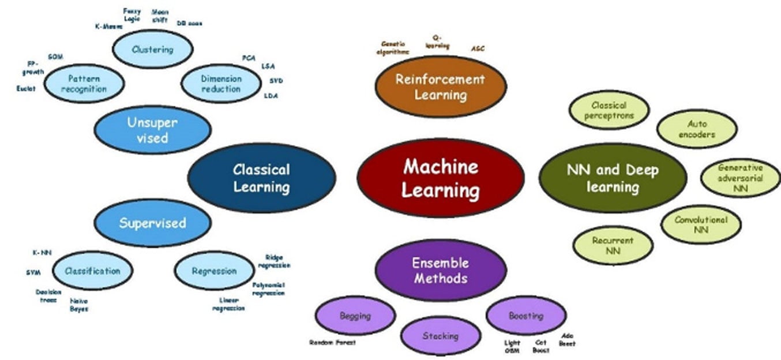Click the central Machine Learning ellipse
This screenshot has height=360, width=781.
coord(441,178)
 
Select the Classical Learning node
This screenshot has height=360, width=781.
coord(261,178)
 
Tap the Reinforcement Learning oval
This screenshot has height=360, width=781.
coord(441,86)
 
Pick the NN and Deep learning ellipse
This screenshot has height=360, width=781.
coord(612,178)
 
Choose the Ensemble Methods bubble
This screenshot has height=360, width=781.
coord(440,271)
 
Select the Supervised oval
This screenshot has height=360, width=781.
coord(152,223)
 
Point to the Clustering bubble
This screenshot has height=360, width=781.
coord(152,49)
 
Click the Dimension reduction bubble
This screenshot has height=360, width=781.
coord(221,84)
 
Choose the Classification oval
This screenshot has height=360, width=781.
coord(92,271)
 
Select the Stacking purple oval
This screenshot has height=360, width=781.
coord(440,336)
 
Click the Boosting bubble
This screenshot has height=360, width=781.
coord(525,316)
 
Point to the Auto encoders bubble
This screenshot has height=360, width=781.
coord(697,129)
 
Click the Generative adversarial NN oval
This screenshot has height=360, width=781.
coord(740,178)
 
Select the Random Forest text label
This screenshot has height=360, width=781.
coord(333,343)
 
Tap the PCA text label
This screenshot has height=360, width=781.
coord(249,58)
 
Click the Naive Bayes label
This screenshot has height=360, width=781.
coord(79,305)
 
